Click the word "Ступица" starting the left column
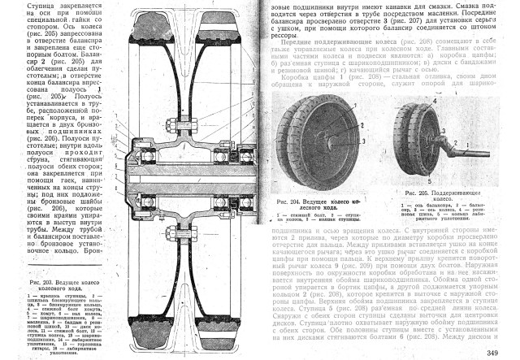(x=17, y=6)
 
